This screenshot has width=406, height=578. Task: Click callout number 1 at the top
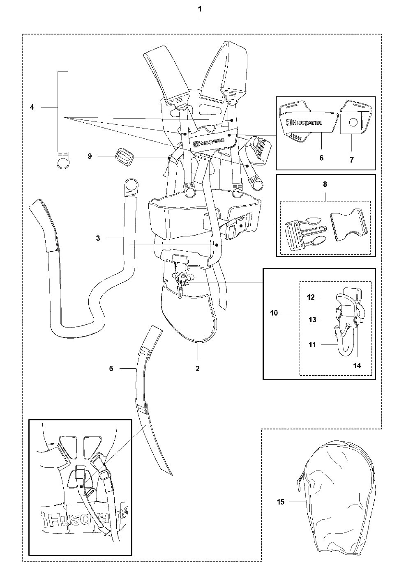(200, 9)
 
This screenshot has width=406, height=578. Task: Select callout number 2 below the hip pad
(198, 368)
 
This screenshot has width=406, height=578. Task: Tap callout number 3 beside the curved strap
(98, 238)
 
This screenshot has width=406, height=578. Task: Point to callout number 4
(32, 107)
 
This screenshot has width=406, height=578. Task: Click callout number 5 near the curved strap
(111, 368)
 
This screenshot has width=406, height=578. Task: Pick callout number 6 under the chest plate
(321, 158)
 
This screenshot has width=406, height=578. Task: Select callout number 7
(351, 160)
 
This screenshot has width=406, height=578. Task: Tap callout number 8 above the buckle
(325, 184)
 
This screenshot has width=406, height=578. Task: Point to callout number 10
(274, 313)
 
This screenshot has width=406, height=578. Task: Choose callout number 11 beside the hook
(312, 345)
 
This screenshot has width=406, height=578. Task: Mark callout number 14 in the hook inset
(357, 365)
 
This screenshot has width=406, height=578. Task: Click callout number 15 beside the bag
(280, 501)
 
